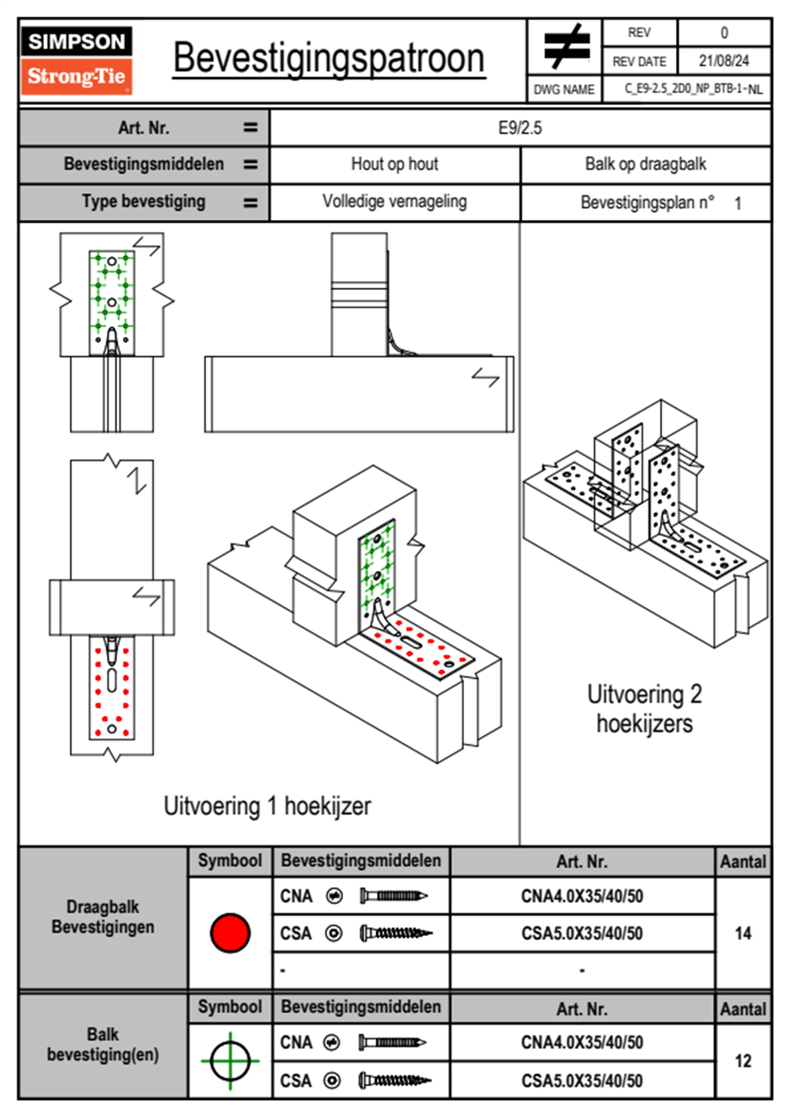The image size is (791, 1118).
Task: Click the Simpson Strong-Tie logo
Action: point(76,60)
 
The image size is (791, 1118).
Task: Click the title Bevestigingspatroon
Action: point(328,58)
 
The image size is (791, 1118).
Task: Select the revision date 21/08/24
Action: point(723,61)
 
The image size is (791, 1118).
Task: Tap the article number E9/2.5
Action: point(520,128)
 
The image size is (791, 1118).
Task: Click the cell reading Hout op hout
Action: point(394,164)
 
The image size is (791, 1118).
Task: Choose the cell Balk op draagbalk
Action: point(645,164)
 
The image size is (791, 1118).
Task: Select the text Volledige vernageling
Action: point(394,201)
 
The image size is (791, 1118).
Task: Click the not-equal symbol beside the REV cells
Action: point(566,47)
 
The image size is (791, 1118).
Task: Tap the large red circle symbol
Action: point(230,933)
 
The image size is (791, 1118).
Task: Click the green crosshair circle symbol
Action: point(230,1061)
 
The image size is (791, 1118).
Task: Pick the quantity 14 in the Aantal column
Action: point(742,933)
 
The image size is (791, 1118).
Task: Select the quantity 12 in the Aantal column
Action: point(742,1061)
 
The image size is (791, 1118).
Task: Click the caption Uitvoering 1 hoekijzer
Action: point(267,806)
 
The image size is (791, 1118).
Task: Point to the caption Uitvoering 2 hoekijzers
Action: point(644,709)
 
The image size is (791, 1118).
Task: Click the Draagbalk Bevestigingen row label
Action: point(103,917)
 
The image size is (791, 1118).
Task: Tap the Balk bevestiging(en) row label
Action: point(103,1044)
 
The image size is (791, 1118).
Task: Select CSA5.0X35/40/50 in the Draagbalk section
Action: point(582,934)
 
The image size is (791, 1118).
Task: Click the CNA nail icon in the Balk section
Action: point(392,1042)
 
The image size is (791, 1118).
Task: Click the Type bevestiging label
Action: point(144,201)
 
